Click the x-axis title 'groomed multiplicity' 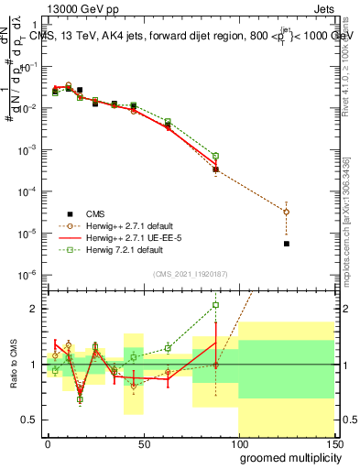point(288,456)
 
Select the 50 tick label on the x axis point(143,442)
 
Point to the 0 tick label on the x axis point(48,442)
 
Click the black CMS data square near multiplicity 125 point(287,244)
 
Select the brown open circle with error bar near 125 point(287,212)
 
